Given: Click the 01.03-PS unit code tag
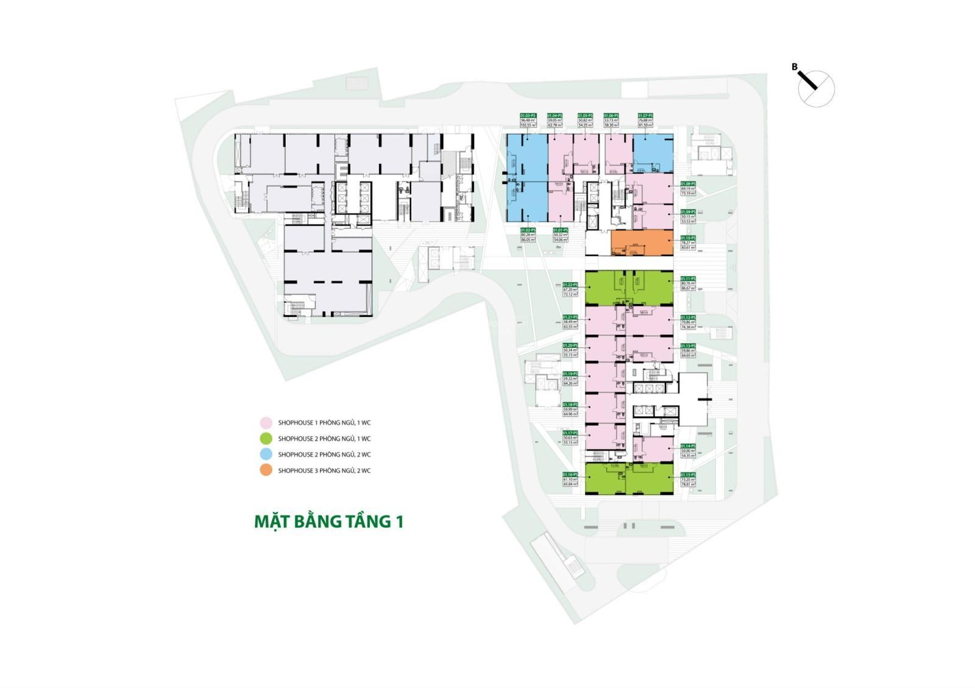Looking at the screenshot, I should (x=528, y=115).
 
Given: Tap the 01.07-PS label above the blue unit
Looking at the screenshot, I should (x=645, y=115).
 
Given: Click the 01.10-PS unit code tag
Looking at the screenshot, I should (x=688, y=238).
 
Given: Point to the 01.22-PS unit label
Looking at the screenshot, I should (x=570, y=285).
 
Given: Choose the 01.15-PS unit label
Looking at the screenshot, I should (x=688, y=475).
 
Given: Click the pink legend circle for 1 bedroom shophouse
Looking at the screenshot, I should (x=265, y=422).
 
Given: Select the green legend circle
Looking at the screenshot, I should (x=265, y=438).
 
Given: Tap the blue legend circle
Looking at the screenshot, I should (x=265, y=454).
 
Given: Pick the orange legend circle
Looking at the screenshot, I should (x=265, y=470).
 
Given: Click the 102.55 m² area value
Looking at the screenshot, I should (x=528, y=125).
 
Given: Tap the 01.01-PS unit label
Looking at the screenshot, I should (x=560, y=230).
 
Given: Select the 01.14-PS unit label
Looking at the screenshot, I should (x=688, y=445).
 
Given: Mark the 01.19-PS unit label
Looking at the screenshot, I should (x=570, y=374).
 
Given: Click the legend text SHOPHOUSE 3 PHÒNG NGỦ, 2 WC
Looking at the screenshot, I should (x=324, y=470).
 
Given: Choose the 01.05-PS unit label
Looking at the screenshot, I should (x=585, y=115).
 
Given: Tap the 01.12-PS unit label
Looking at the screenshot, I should (x=688, y=317).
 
